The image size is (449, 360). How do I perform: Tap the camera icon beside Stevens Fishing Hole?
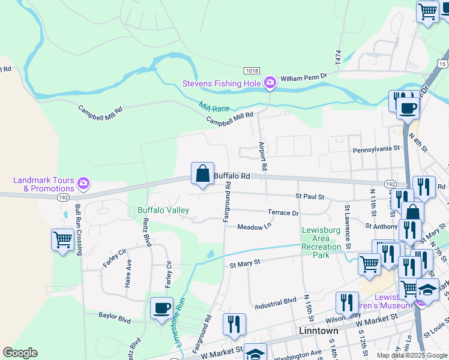270,82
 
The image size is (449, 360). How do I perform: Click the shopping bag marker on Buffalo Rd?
203,174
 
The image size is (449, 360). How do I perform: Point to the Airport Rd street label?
262,155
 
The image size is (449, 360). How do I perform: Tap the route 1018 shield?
252,71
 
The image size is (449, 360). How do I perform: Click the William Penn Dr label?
303,77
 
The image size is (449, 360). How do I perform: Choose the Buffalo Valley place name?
163,210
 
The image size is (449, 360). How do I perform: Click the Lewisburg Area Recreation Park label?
321,242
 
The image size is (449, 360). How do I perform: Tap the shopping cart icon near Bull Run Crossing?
62,240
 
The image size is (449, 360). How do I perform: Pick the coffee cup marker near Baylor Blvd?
161,308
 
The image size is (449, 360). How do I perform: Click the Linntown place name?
319,331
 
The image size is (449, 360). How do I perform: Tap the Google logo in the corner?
20,353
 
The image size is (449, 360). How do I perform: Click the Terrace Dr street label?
283,213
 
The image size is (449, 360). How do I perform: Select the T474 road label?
338,57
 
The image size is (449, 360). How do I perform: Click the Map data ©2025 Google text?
411,355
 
